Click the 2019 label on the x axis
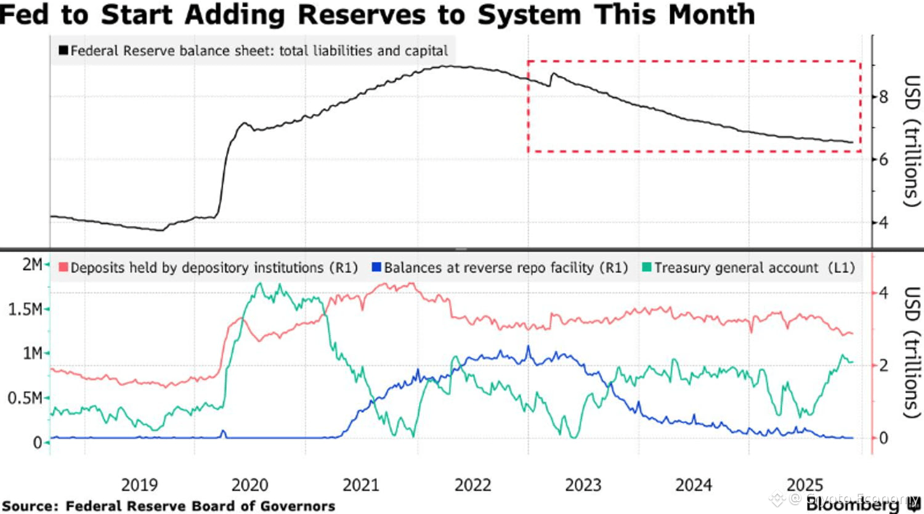point(139,485)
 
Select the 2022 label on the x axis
point(472,485)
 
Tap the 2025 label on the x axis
point(804,485)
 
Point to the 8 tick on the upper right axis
point(883,97)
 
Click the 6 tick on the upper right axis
point(883,160)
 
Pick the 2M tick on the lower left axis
point(32,264)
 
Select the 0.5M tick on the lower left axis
point(25,398)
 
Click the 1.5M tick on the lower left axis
point(25,309)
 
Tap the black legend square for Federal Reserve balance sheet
point(63,51)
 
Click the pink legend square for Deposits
point(63,267)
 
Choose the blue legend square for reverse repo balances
point(376,267)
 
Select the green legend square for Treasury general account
point(646,267)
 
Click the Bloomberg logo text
point(853,504)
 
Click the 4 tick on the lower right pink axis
point(883,292)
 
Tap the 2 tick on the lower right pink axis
point(883,365)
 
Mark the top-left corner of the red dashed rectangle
point(528,61)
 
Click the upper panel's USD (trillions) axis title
point(910,141)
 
